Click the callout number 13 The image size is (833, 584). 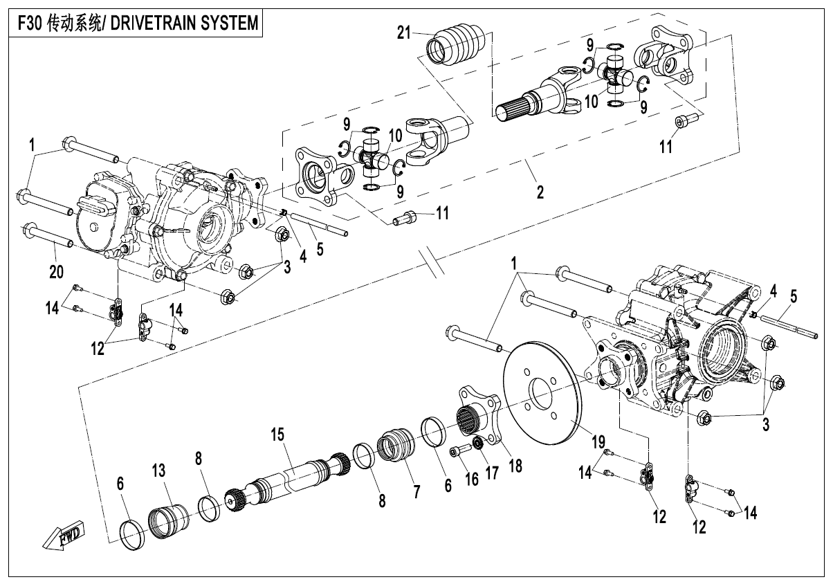pyautogui.click(x=159, y=471)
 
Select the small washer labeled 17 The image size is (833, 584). pyautogui.click(x=476, y=443)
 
